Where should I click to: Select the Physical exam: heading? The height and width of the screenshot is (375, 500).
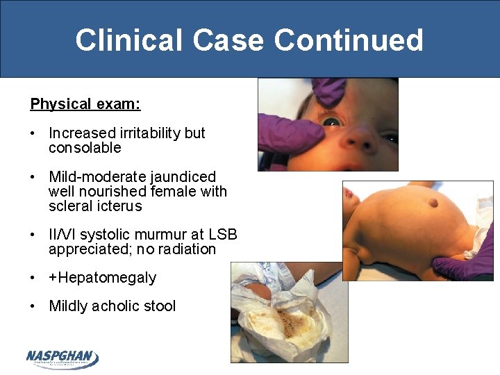point(85,104)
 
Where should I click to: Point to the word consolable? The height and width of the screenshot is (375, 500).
point(85,148)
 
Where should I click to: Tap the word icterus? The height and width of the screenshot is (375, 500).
point(120,206)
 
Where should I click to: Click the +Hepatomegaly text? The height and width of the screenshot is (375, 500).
point(102,278)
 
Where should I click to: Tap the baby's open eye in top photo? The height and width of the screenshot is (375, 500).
point(332,122)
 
